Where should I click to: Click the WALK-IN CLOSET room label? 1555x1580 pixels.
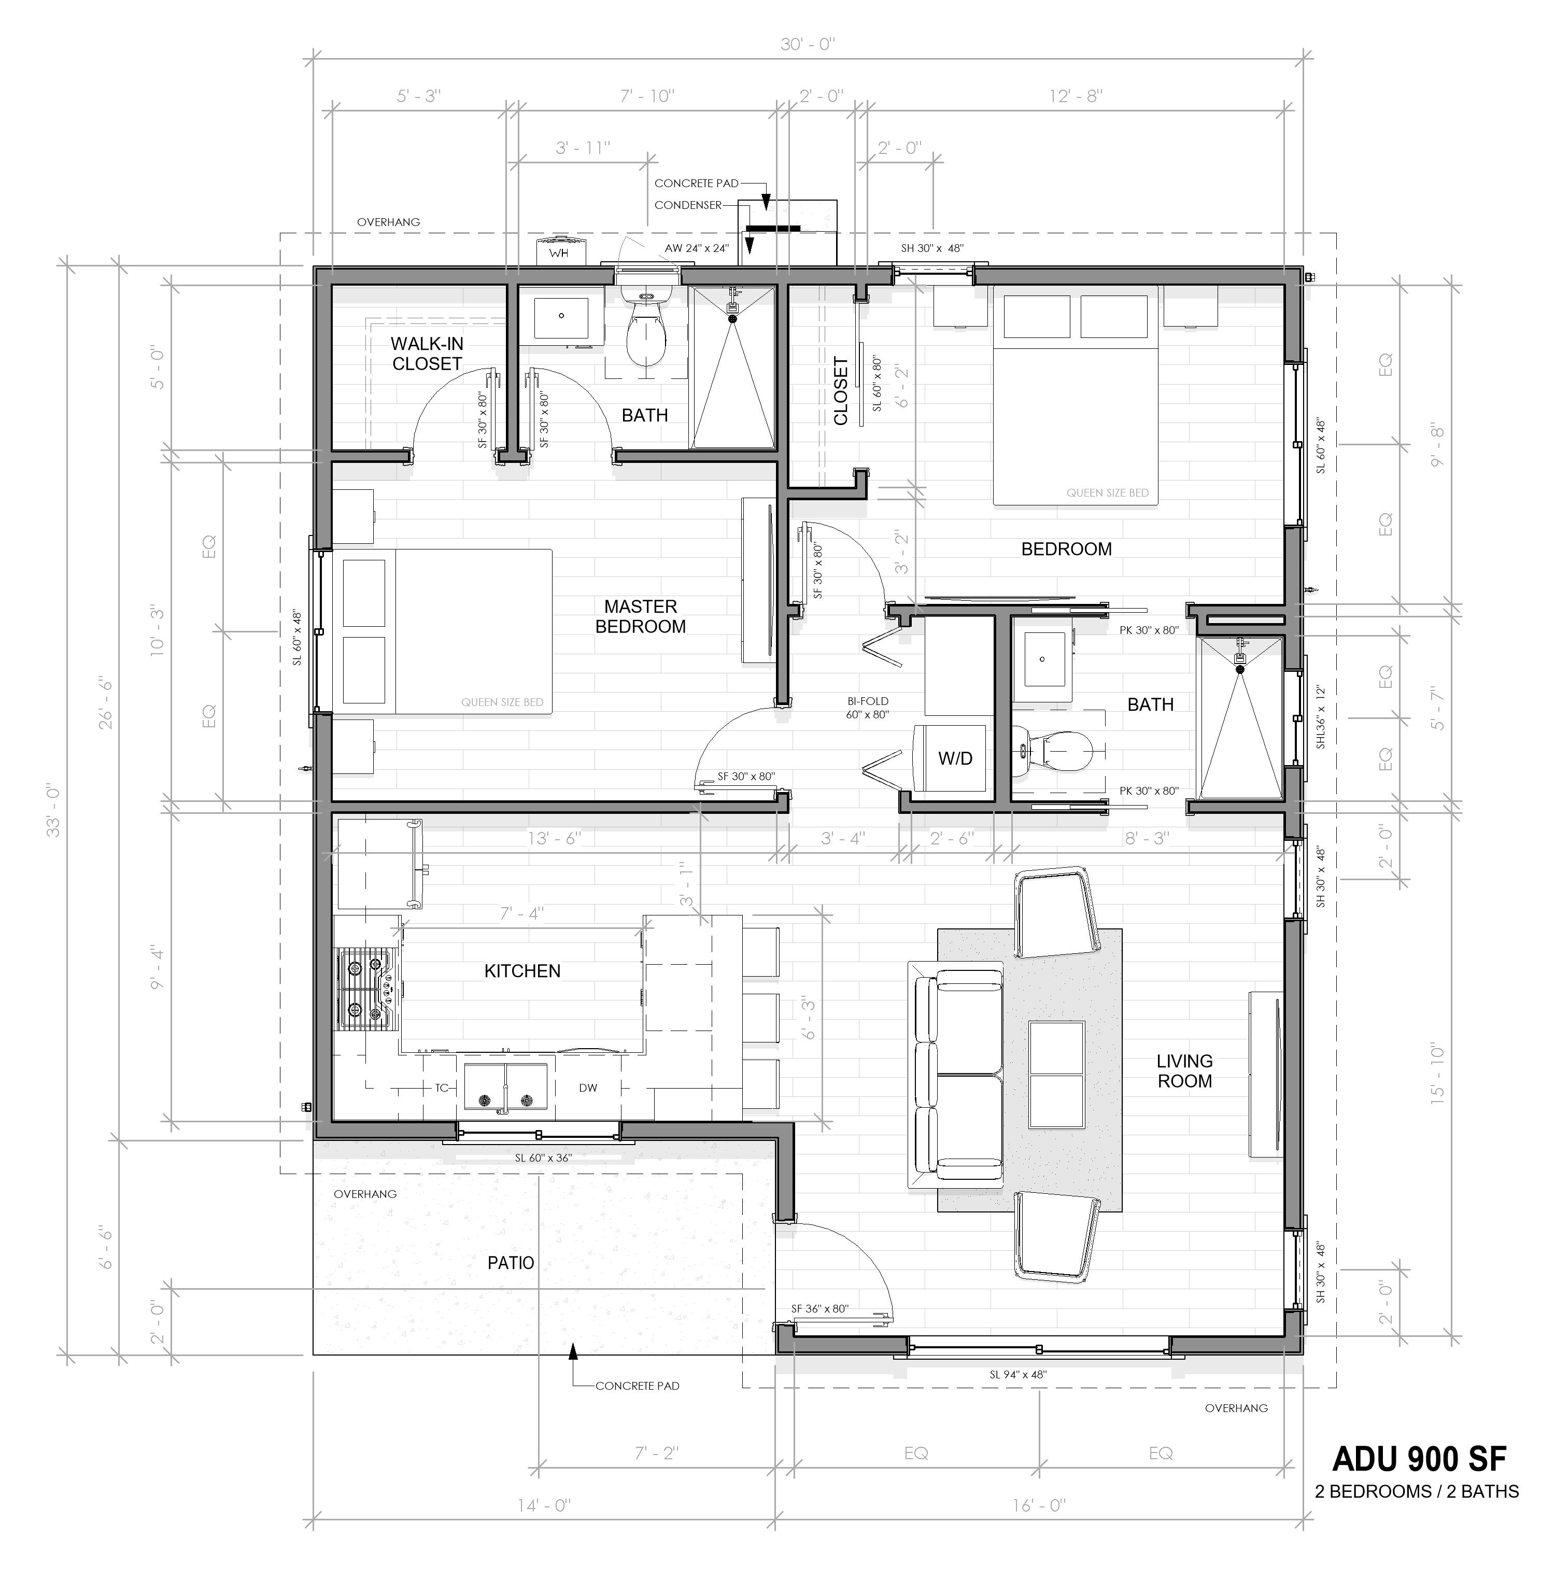pyautogui.click(x=426, y=354)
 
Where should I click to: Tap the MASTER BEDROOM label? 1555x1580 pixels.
pyautogui.click(x=640, y=616)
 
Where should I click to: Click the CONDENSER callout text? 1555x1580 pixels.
pyautogui.click(x=688, y=205)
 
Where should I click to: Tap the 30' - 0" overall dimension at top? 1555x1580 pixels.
pyautogui.click(x=807, y=44)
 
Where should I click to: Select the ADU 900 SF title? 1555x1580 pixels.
pyautogui.click(x=1419, y=1458)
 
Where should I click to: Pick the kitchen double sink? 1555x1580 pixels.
pyautogui.click(x=505, y=1086)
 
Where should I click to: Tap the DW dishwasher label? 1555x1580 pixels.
pyautogui.click(x=588, y=1088)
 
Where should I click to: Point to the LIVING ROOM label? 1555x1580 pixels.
pyautogui.click(x=1184, y=1070)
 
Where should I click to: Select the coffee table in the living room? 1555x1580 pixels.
pyautogui.click(x=1057, y=1074)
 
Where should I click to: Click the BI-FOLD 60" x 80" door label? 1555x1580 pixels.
pyautogui.click(x=867, y=708)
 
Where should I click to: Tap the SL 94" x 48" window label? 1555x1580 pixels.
pyautogui.click(x=1017, y=1374)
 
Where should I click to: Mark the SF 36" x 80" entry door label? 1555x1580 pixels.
pyautogui.click(x=820, y=1309)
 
